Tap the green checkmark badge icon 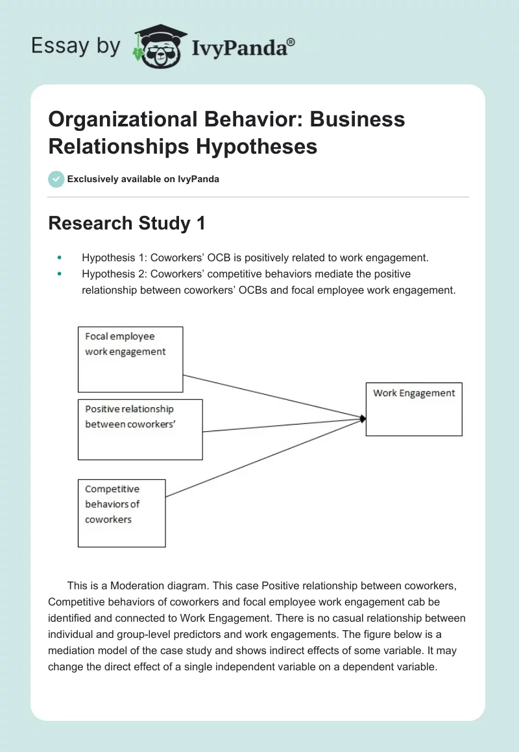tap(56, 179)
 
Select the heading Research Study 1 tap(127, 224)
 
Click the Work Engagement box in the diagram tap(414, 408)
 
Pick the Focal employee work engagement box tap(130, 359)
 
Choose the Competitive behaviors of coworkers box tap(121, 513)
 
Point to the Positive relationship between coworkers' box tap(140, 429)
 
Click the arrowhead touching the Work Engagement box tap(363, 419)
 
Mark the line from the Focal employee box tap(272, 396)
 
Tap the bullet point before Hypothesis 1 tap(60, 258)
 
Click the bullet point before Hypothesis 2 tap(60, 274)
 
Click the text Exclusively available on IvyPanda tap(143, 179)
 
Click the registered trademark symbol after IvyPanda tap(291, 41)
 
